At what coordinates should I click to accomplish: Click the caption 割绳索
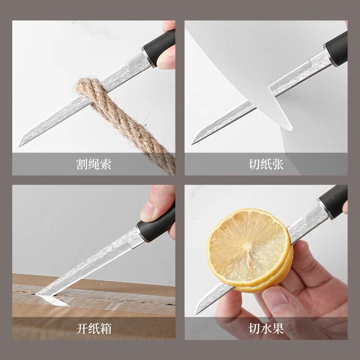pos(94,164)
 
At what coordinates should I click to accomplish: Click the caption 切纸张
pos(266,164)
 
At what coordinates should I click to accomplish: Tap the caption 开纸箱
pos(94,328)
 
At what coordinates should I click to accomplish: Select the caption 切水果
pos(266,328)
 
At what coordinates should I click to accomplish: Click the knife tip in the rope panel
pos(19,146)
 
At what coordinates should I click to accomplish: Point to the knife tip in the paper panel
pos(192,144)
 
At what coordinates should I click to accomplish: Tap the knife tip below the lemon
pos(196,314)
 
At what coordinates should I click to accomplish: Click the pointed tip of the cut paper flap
pos(292,130)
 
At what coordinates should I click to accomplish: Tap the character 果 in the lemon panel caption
pos(278,328)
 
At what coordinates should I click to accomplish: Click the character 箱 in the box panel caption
pos(106,328)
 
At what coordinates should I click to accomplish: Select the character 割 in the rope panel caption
pos(82,164)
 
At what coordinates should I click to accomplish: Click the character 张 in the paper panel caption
pos(278,164)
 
